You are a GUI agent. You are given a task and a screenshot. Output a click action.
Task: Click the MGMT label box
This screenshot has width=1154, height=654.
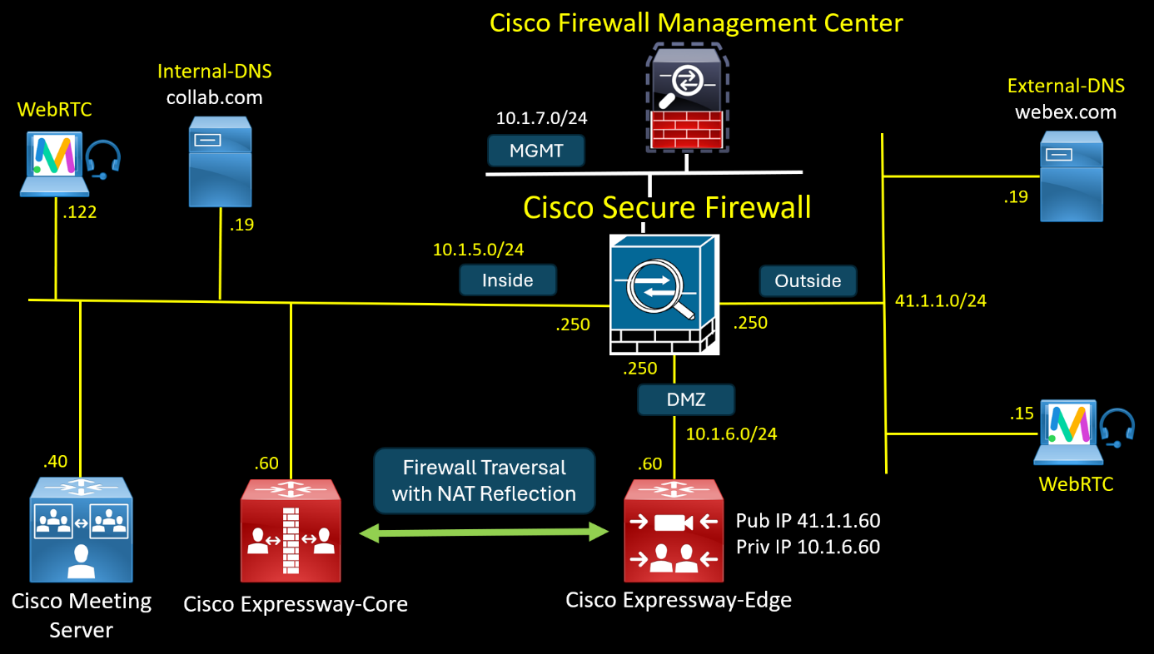pyautogui.click(x=536, y=151)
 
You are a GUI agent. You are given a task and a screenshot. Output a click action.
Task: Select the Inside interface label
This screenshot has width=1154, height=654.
pyautogui.click(x=507, y=280)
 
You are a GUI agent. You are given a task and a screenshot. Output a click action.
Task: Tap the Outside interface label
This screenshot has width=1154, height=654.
pyautogui.click(x=807, y=280)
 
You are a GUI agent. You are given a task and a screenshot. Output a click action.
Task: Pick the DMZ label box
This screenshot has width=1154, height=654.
pyautogui.click(x=686, y=399)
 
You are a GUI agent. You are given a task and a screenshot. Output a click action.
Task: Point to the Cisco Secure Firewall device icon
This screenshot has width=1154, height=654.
pyautogui.click(x=663, y=295)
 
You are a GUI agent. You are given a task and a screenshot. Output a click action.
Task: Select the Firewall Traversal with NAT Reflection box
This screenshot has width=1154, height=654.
pyautogui.click(x=484, y=481)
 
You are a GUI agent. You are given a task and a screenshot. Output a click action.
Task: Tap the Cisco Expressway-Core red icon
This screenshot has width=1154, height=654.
pyautogui.click(x=290, y=530)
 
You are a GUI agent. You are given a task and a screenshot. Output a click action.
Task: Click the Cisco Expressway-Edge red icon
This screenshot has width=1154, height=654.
pyautogui.click(x=673, y=530)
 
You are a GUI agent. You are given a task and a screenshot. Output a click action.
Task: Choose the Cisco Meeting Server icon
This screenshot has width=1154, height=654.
pyautogui.click(x=81, y=529)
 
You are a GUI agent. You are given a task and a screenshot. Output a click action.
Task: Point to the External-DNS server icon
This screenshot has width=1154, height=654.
pyautogui.click(x=1072, y=181)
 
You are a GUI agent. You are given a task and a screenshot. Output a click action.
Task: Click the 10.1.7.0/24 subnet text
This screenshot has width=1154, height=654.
pyautogui.click(x=541, y=118)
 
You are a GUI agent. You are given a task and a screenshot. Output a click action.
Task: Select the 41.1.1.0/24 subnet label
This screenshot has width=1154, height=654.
pyautogui.click(x=940, y=301)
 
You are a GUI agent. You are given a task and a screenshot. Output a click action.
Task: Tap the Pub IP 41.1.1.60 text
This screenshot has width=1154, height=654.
pyautogui.click(x=808, y=521)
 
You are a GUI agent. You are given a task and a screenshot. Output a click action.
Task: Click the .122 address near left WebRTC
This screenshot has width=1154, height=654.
pyautogui.click(x=80, y=212)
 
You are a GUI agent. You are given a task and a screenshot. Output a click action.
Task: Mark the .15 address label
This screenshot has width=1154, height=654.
pyautogui.click(x=1021, y=414)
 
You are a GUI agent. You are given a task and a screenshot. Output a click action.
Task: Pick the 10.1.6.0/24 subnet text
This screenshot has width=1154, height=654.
pyautogui.click(x=731, y=434)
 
